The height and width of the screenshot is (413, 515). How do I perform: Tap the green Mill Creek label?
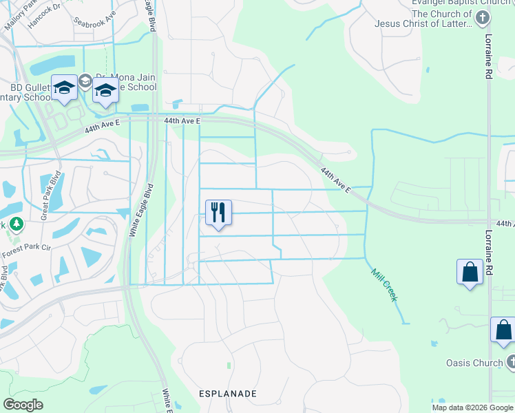point(383,285)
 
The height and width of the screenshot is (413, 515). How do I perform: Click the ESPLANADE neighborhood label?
point(227,394)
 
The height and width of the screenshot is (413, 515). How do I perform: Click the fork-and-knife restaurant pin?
point(218,213)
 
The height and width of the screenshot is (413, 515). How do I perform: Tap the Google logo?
point(23,405)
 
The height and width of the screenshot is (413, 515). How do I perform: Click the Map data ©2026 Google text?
point(472,407)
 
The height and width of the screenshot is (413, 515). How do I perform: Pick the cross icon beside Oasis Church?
point(510,362)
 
